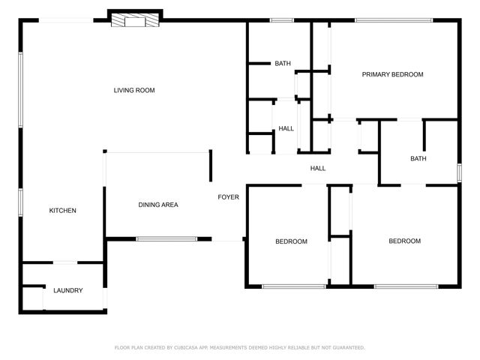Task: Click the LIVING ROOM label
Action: pos(134,91)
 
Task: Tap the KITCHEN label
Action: pos(63,211)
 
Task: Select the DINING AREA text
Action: pos(157,205)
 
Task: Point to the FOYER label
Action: pos(228,197)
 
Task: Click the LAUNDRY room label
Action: pos(67,290)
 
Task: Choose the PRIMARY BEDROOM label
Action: pos(392,74)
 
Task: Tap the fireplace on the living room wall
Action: pos(136,20)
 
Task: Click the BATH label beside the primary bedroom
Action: pos(283,64)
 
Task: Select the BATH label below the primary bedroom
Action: pos(418,158)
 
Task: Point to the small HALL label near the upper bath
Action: pos(286,128)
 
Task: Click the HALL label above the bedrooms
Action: pos(318,168)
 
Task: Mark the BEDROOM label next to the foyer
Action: pos(291,241)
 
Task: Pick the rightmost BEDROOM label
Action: pos(404,241)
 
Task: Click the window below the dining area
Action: pos(166,239)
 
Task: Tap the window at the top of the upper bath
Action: pos(281,20)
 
